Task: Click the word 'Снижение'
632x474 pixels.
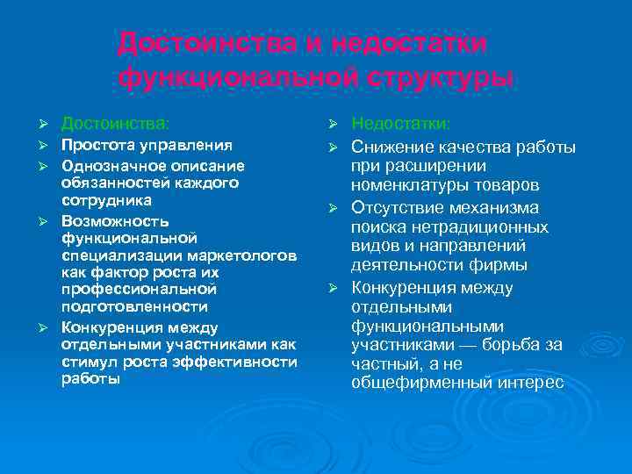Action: pos(392,146)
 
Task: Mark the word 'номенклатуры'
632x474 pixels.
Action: pos(406,186)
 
